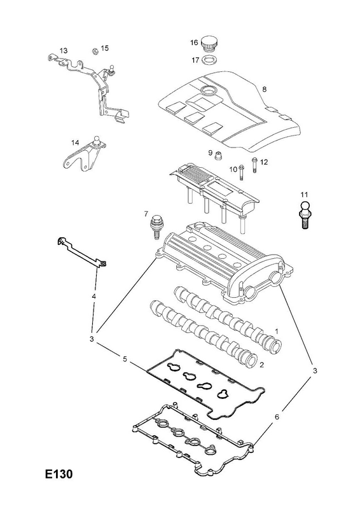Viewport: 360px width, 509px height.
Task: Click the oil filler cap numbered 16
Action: pos(209,44)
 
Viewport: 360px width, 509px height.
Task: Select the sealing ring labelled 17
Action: pos(209,60)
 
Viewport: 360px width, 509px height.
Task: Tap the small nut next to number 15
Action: pos(95,51)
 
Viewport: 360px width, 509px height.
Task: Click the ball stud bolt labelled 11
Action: pos(304,215)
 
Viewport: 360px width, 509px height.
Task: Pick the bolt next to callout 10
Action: pos(242,172)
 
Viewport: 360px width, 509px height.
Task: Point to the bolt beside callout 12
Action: pos(254,165)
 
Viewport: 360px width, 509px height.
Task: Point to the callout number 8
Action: pos(264,89)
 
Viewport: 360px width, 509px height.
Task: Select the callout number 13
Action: pos(64,51)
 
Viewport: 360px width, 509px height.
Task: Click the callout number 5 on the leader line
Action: pos(125,359)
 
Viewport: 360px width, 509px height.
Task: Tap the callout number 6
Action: pos(277,417)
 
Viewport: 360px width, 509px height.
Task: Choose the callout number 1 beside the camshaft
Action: pos(277,331)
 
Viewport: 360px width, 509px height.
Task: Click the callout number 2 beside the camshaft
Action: pos(261,365)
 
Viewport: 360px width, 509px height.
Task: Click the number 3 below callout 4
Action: pos(92,339)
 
